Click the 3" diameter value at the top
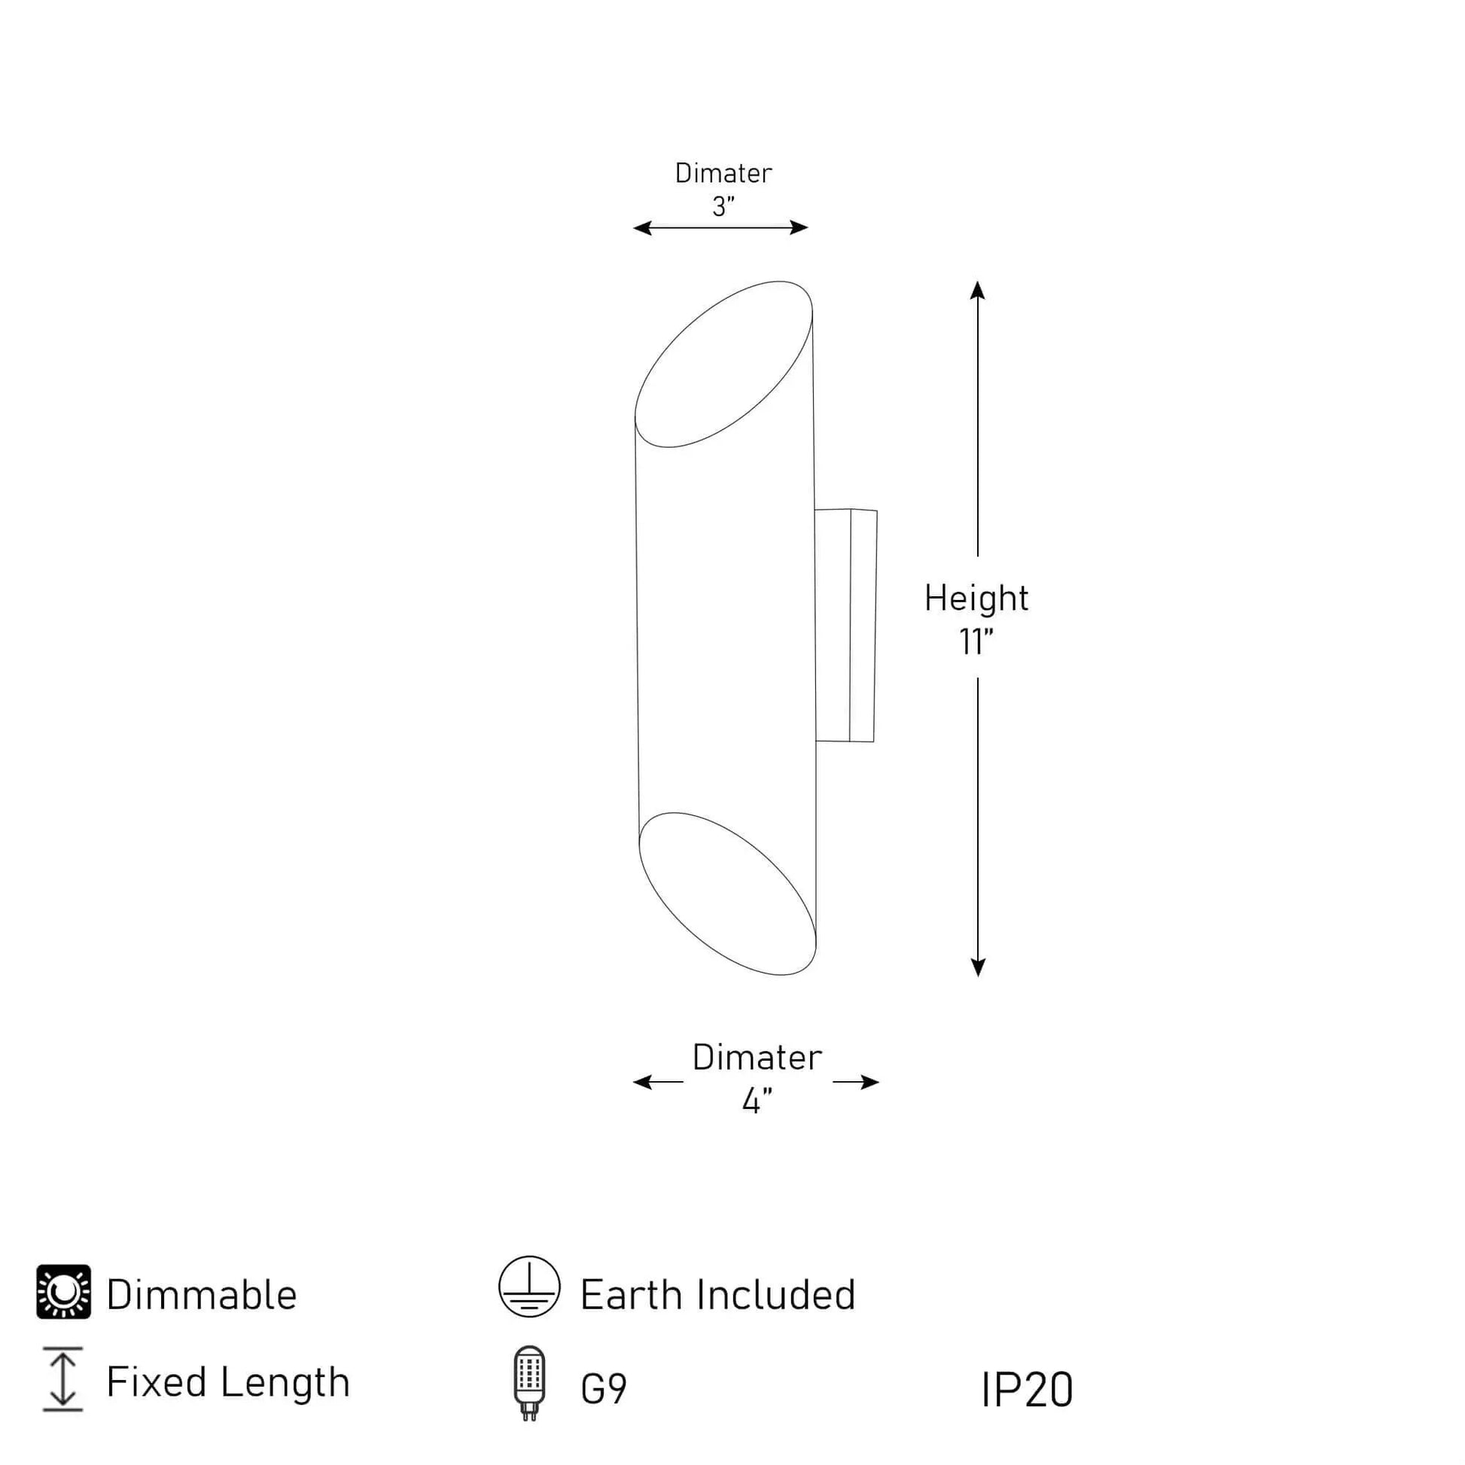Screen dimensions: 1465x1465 coord(723,206)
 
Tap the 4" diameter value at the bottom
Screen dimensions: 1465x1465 coord(757,1101)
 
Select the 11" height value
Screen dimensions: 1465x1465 coord(976,642)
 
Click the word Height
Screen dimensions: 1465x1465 coord(976,598)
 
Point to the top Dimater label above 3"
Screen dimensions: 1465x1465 coord(723,174)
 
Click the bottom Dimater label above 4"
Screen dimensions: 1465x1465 coord(757,1058)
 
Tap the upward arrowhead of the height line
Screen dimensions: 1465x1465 coord(977,291)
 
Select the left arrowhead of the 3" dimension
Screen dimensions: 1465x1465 coord(642,227)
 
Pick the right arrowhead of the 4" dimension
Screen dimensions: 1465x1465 coord(870,1082)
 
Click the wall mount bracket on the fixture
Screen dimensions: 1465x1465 coord(846,626)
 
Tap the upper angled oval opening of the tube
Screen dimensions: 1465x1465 coord(723,364)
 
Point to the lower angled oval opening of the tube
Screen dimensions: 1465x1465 coord(726,894)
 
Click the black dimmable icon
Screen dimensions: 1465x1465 coord(64,1291)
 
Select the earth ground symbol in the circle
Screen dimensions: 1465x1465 coord(529,1286)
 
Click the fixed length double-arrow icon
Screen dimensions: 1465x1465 coord(63,1378)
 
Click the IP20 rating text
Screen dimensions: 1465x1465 coord(1027,1390)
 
